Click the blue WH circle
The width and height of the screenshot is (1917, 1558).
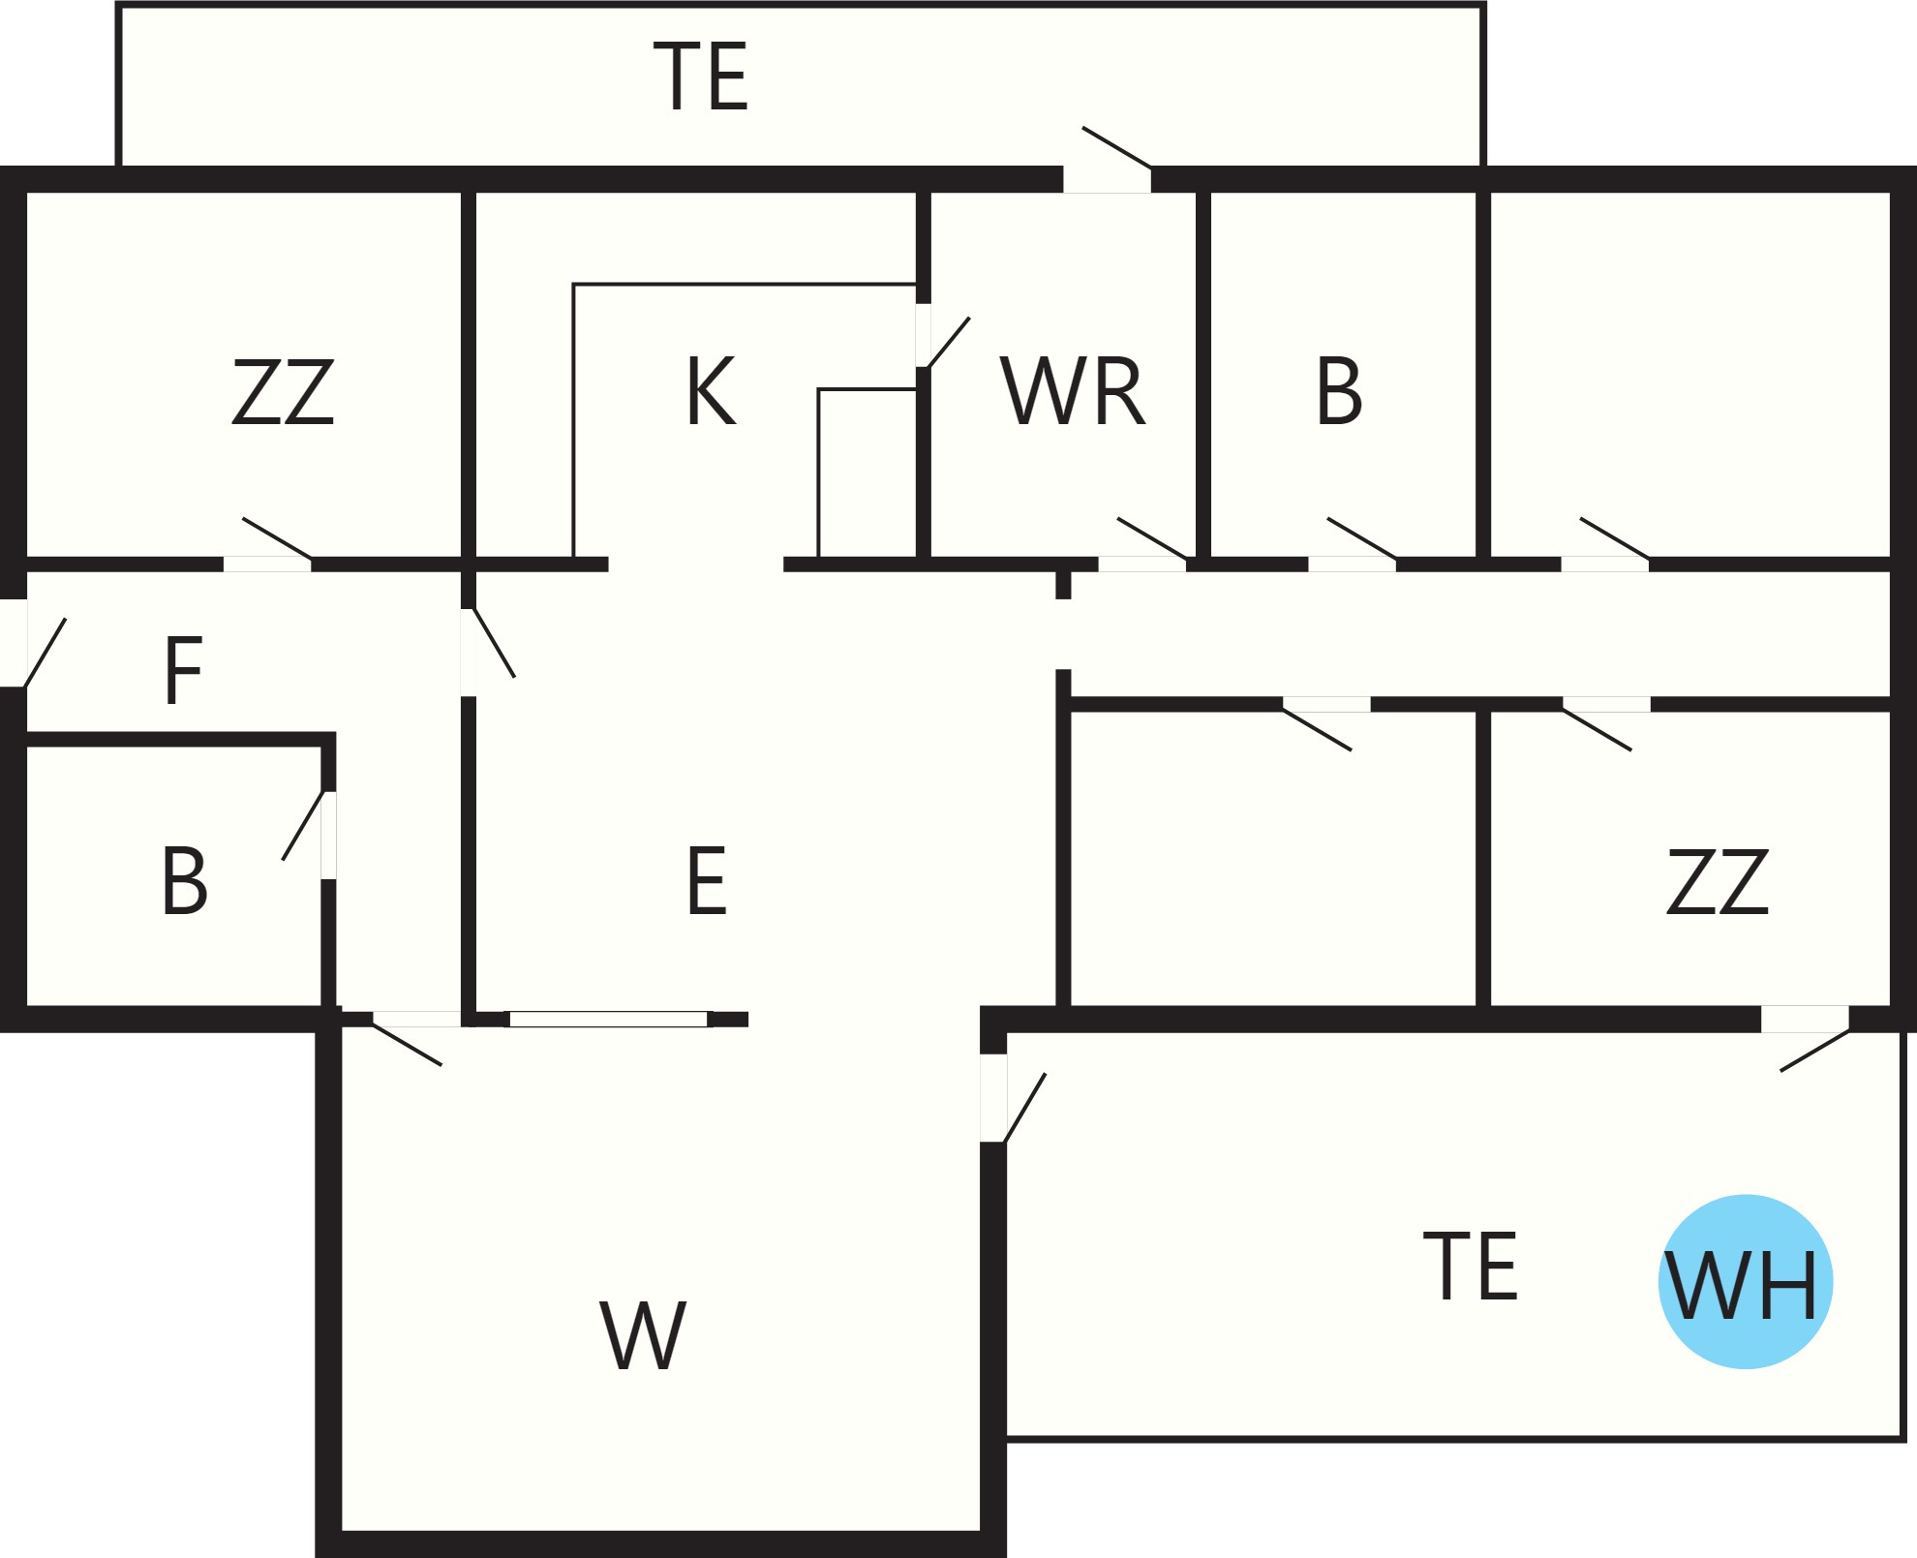click(1746, 1282)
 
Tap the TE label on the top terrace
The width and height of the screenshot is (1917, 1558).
click(701, 76)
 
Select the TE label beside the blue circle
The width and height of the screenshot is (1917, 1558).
click(1471, 1266)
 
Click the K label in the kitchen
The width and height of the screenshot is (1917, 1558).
click(712, 390)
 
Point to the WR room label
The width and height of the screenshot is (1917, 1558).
click(1073, 390)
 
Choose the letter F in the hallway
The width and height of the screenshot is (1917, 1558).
click(183, 670)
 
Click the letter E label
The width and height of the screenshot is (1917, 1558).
click(707, 880)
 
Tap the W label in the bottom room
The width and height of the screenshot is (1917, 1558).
click(643, 1335)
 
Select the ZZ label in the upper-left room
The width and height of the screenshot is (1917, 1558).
click(283, 391)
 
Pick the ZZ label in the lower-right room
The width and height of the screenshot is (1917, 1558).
click(1718, 881)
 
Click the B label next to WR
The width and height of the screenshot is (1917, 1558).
click(1339, 390)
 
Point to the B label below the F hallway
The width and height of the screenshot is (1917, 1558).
click(184, 880)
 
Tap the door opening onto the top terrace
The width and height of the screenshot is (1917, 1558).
click(1108, 160)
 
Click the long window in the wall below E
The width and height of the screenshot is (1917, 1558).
click(609, 1019)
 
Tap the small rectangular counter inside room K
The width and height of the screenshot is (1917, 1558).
click(867, 473)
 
